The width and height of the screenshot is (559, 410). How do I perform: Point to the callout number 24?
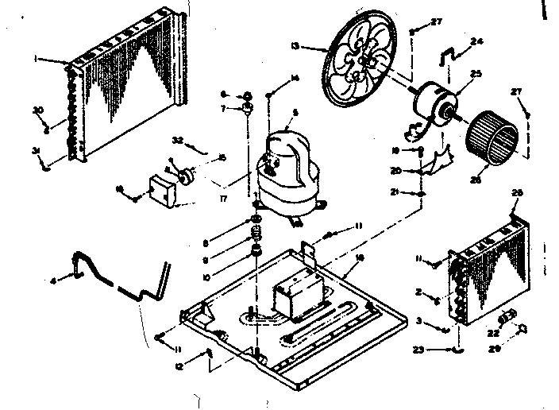[476, 41]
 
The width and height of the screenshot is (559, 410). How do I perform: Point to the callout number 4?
[54, 280]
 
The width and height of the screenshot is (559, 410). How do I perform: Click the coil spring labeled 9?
[256, 237]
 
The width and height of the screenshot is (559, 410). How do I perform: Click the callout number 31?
[36, 151]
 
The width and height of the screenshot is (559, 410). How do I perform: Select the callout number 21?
[394, 193]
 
